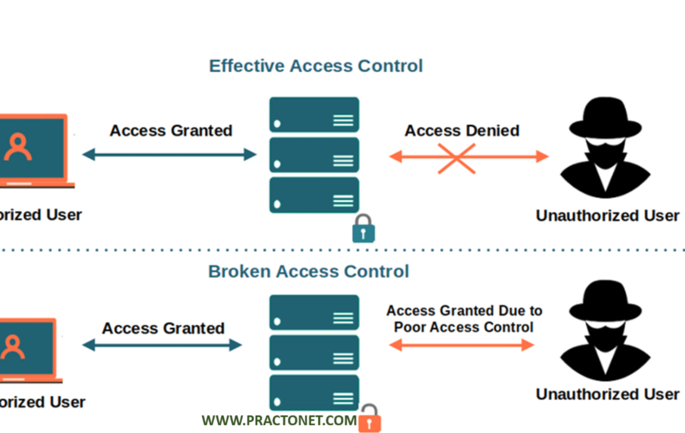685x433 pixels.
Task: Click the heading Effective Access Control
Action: pyautogui.click(x=315, y=66)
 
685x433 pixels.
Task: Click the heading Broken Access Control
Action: pyautogui.click(x=308, y=271)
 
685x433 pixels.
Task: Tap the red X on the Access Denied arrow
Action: pyautogui.click(x=456, y=158)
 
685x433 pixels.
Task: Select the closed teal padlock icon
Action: pyautogui.click(x=363, y=229)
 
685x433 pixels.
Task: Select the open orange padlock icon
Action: pyautogui.click(x=370, y=419)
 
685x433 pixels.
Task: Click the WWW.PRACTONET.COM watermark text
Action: pyautogui.click(x=279, y=420)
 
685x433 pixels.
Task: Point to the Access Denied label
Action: pyautogui.click(x=461, y=131)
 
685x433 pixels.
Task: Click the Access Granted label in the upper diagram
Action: pyautogui.click(x=171, y=131)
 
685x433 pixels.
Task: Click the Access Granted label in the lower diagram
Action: pyautogui.click(x=163, y=328)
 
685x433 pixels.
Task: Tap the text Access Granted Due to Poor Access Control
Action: pyautogui.click(x=464, y=319)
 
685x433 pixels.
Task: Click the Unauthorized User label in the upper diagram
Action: pyautogui.click(x=607, y=215)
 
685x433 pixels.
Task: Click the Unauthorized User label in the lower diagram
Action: pyautogui.click(x=607, y=395)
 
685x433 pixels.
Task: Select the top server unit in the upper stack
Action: pyautogui.click(x=314, y=115)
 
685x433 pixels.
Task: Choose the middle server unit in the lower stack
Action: pyautogui.click(x=314, y=352)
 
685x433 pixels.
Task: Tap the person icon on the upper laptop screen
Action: pyautogui.click(x=18, y=147)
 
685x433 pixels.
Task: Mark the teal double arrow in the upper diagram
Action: pyautogui.click(x=169, y=155)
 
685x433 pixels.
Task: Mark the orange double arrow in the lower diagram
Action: pyautogui.click(x=461, y=345)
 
